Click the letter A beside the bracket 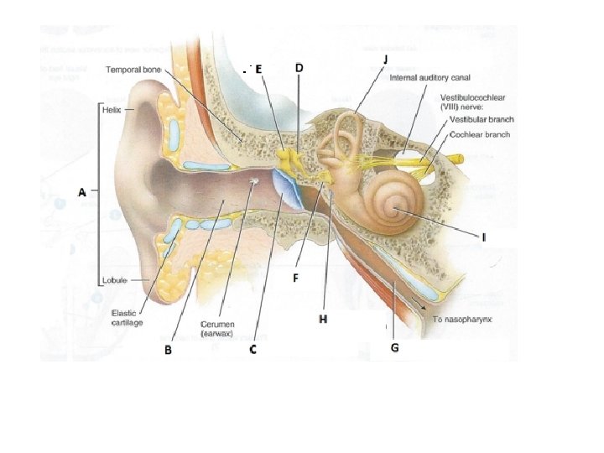82,192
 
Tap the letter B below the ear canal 168,350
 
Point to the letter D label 299,67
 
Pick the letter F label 295,277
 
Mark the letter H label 323,318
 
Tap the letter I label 483,237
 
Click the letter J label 385,59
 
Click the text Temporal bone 133,69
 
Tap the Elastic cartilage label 128,317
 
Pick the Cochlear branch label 480,133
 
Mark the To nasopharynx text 461,319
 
